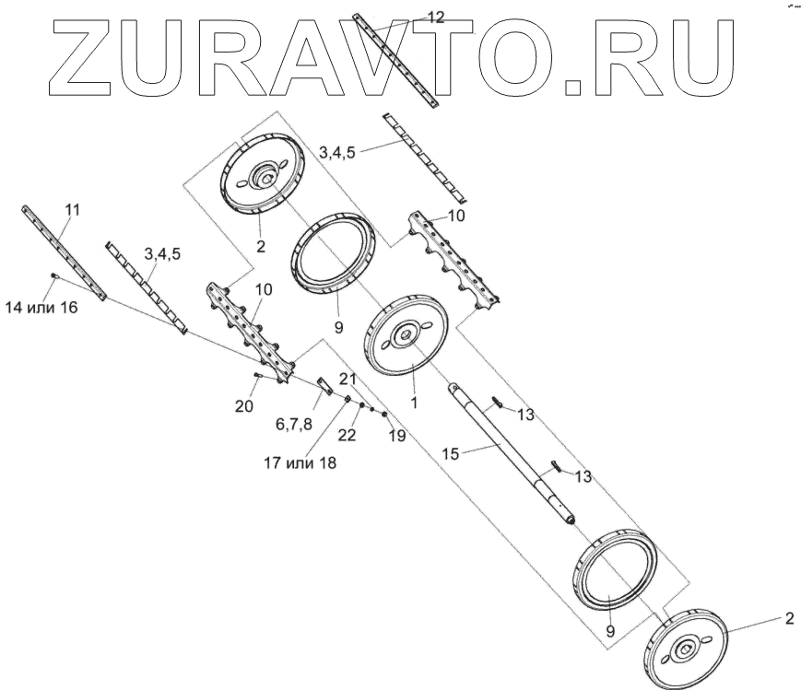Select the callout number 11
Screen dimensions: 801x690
point(72,210)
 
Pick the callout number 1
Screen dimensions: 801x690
point(414,403)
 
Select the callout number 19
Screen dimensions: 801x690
point(396,436)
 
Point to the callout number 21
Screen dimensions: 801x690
point(346,380)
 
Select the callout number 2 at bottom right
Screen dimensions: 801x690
point(788,618)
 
